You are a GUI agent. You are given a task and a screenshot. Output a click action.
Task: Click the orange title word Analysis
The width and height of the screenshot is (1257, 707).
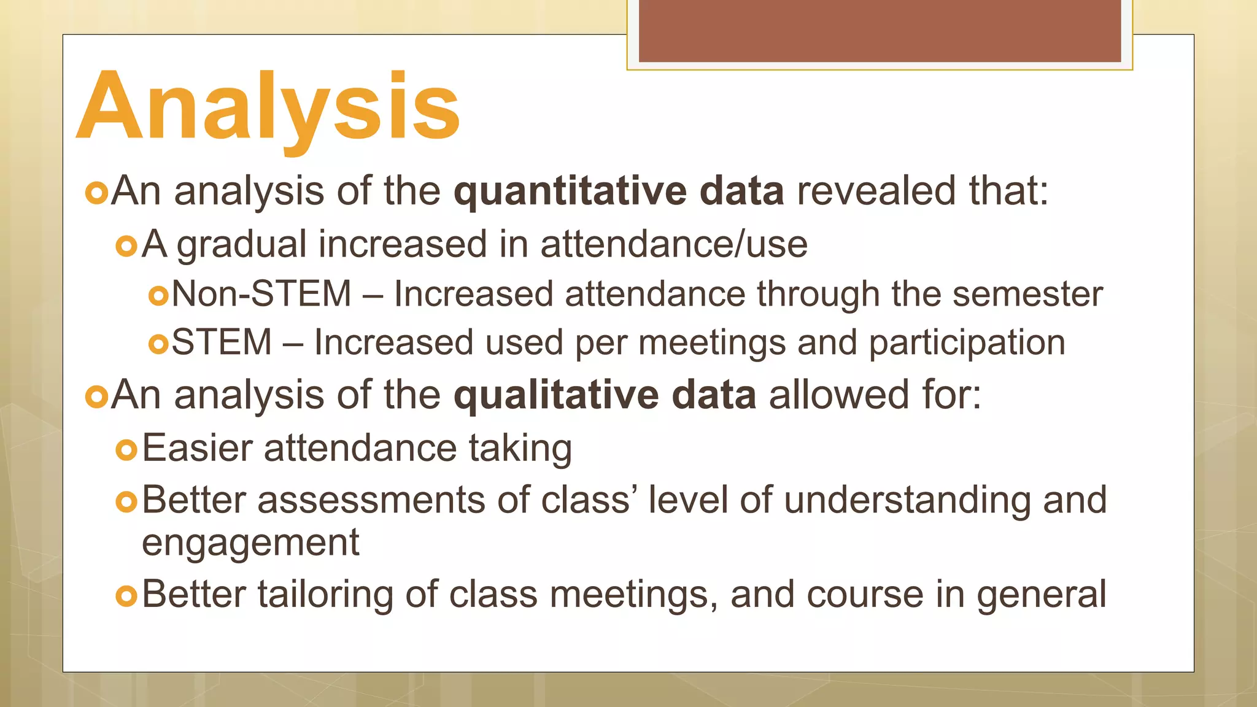point(268,107)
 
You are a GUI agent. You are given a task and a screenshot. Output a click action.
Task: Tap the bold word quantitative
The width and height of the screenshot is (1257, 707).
point(570,191)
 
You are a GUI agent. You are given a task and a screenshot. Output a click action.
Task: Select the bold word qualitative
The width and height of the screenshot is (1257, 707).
point(555,395)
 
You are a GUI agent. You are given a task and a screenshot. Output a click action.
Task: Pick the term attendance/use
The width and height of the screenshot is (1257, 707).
point(673,244)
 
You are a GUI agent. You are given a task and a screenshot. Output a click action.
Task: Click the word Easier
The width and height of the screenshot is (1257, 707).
point(197,448)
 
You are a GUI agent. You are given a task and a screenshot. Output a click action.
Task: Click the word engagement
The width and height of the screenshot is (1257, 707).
point(250,543)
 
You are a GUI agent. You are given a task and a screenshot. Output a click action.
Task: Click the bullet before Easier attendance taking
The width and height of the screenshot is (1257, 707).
point(126,450)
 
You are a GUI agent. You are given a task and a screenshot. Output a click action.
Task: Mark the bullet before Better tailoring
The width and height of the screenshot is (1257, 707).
point(126,595)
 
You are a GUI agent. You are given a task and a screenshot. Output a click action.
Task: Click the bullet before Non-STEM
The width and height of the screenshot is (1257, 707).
point(158,296)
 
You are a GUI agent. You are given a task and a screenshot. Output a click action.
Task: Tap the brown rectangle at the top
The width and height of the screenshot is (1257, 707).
point(880,31)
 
